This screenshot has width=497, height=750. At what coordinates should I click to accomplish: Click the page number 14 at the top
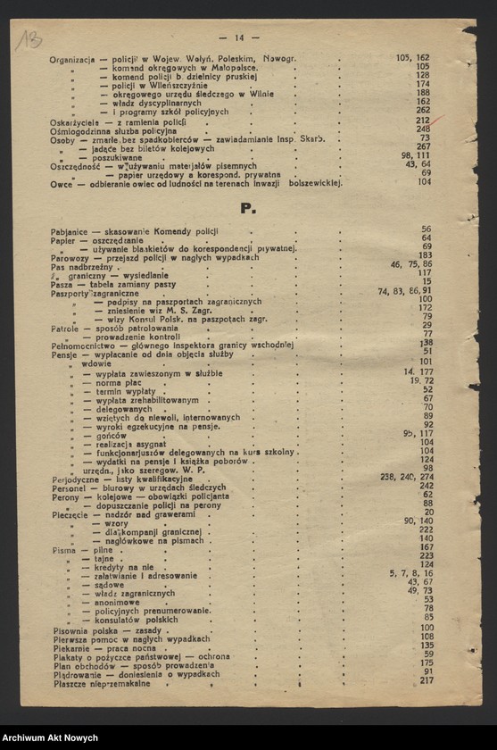[239, 37]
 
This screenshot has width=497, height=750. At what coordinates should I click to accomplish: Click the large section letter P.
[248, 208]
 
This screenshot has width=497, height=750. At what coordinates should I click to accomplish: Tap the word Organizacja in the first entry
[73, 59]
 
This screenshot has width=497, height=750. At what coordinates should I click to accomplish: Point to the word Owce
[62, 183]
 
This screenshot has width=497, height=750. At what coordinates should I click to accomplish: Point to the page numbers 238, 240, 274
[406, 478]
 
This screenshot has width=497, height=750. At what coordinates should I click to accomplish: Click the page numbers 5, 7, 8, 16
[410, 573]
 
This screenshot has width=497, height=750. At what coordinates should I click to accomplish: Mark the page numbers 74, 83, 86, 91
[404, 291]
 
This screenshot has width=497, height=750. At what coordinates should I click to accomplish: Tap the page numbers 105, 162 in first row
[412, 58]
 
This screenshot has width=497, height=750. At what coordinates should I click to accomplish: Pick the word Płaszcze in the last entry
[70, 683]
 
